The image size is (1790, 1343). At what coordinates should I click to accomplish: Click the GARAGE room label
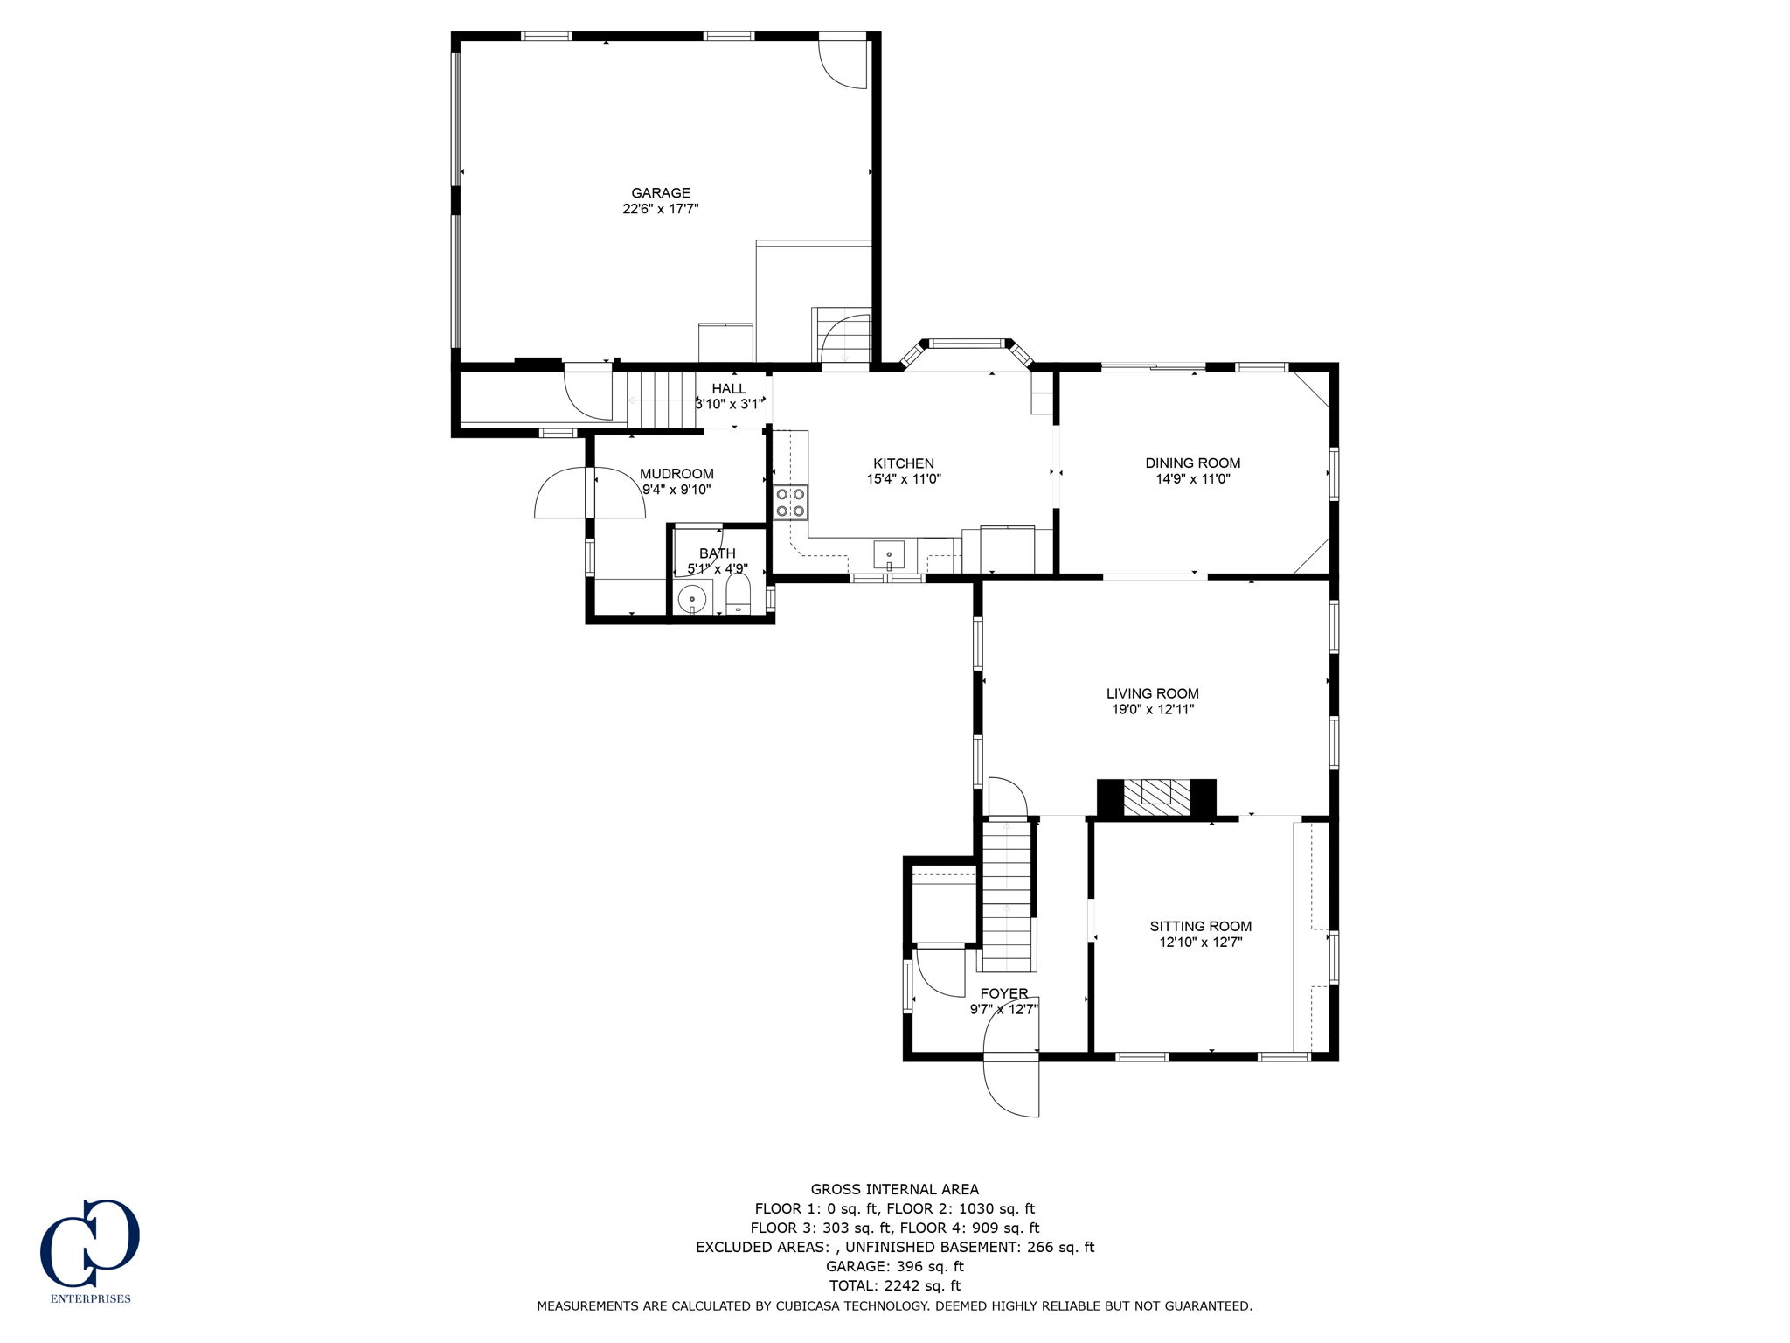pyautogui.click(x=661, y=193)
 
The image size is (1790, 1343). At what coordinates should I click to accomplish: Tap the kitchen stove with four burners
pyautogui.click(x=791, y=503)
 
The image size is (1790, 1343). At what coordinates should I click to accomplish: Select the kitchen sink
pyautogui.click(x=889, y=554)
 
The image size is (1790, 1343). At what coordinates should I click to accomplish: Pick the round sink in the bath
pyautogui.click(x=691, y=600)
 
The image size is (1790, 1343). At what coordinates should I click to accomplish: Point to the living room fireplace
pyautogui.click(x=1156, y=797)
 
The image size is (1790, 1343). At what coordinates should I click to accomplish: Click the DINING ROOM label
pyautogui.click(x=1192, y=463)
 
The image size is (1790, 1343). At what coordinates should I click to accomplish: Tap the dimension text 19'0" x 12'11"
pyautogui.click(x=1152, y=710)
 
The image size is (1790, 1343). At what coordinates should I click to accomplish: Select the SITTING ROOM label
pyautogui.click(x=1200, y=926)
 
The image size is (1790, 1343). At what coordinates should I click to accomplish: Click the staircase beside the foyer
pyautogui.click(x=1007, y=896)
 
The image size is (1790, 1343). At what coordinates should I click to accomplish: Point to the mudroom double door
pyautogui.click(x=590, y=494)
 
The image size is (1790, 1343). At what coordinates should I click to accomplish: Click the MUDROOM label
pyautogui.click(x=676, y=474)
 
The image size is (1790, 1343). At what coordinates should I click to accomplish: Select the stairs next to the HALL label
pyautogui.click(x=662, y=400)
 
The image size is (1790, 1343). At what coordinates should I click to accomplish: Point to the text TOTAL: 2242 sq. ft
pyautogui.click(x=894, y=1285)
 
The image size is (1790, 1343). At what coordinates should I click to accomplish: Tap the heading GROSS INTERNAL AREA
pyautogui.click(x=894, y=1189)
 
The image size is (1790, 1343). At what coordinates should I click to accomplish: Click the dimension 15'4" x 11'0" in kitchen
pyautogui.click(x=904, y=479)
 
